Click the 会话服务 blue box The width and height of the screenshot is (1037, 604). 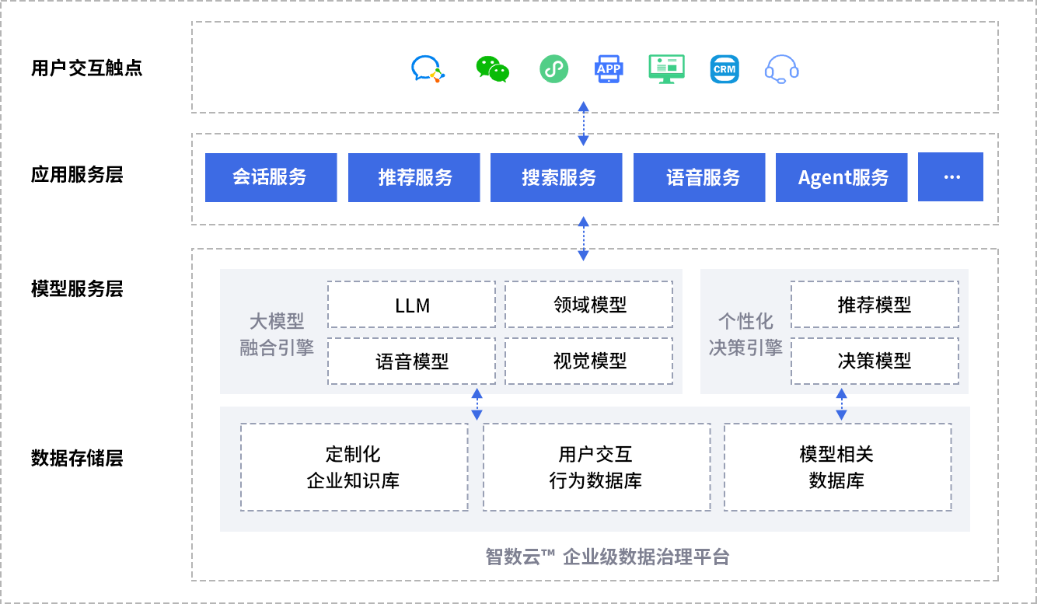(x=271, y=177)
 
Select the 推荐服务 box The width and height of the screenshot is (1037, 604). (x=414, y=177)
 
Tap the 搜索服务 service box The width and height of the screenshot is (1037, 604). (x=557, y=177)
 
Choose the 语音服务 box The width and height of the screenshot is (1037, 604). (x=700, y=177)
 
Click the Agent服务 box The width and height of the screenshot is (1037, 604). (x=842, y=177)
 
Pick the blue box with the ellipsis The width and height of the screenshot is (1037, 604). (x=951, y=177)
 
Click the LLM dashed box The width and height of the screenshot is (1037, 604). (x=411, y=305)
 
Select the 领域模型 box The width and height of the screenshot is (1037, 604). (x=588, y=305)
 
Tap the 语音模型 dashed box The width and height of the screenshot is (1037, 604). (x=411, y=361)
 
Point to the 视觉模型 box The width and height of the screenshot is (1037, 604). (x=588, y=361)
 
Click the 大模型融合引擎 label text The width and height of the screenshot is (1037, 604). (x=277, y=333)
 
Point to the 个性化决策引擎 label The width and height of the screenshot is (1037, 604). (x=745, y=333)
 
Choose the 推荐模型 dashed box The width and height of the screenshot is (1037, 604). (x=875, y=305)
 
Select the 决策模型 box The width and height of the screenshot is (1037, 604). (x=875, y=361)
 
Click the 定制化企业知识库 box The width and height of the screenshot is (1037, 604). (x=354, y=467)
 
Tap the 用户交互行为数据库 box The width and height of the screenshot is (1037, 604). (x=596, y=467)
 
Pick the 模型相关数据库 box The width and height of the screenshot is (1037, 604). (x=837, y=467)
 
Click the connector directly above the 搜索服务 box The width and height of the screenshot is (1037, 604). (x=584, y=123)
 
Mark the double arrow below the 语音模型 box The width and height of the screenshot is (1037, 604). (x=477, y=404)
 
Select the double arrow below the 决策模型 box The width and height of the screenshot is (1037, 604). (x=841, y=404)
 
